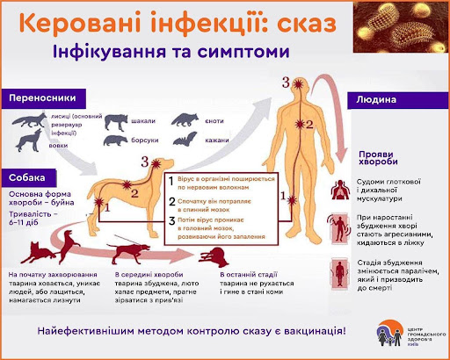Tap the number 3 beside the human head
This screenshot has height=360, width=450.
[285, 83]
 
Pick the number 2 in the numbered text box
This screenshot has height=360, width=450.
[173, 201]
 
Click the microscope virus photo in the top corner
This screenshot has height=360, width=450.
[393, 31]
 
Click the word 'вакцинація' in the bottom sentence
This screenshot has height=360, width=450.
[308, 332]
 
